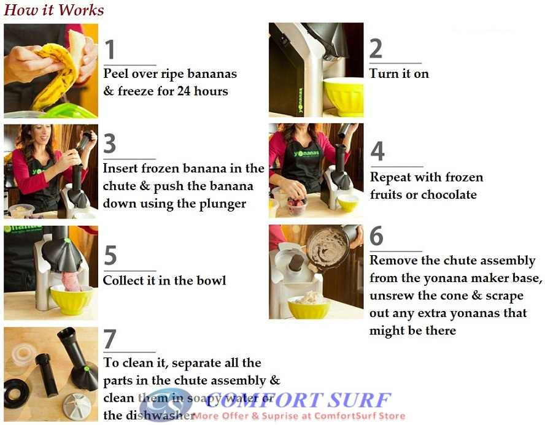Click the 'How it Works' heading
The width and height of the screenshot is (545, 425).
click(54, 10)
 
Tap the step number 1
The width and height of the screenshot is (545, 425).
click(110, 50)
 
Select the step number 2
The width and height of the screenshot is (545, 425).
click(376, 49)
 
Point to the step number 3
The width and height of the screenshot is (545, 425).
click(110, 144)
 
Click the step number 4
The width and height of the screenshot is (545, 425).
click(377, 151)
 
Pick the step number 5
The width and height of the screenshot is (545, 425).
click(110, 255)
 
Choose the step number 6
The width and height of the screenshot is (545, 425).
click(376, 236)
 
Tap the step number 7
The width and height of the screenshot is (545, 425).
click(110, 339)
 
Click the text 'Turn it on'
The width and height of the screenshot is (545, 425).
click(399, 74)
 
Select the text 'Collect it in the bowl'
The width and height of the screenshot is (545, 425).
click(164, 280)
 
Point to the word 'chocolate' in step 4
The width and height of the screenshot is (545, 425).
click(447, 194)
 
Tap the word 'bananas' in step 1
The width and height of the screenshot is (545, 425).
click(212, 74)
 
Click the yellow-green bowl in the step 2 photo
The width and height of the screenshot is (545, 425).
click(342, 96)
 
